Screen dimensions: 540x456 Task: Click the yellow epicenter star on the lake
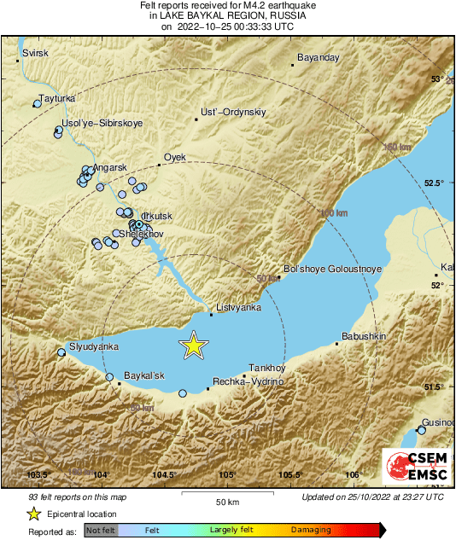[x=194, y=345]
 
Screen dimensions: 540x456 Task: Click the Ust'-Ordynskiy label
[x=233, y=112]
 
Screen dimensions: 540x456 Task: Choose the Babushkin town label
[x=364, y=336]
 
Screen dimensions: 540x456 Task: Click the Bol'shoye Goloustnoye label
[x=331, y=268]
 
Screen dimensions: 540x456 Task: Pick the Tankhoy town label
[x=266, y=367]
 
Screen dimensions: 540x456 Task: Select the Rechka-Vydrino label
[x=248, y=381]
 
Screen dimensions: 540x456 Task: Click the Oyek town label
[x=174, y=157]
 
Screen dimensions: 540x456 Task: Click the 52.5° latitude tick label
[x=436, y=183]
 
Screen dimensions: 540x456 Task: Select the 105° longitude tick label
[x=227, y=474]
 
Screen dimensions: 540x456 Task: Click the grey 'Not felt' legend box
[x=100, y=531]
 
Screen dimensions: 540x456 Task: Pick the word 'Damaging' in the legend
[x=312, y=530]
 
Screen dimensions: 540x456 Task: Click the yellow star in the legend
[x=33, y=514]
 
